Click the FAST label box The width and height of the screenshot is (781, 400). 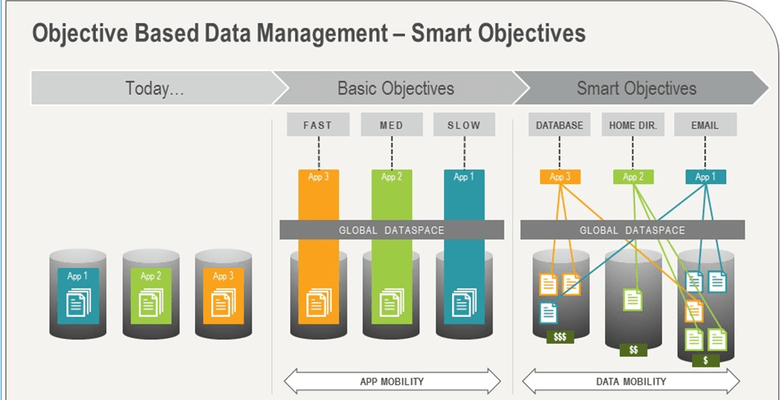pos(318,125)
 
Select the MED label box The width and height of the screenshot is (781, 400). pos(391,125)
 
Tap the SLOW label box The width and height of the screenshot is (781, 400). pos(464,125)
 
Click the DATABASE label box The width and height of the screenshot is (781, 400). pos(559,125)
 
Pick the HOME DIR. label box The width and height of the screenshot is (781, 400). pos(633,125)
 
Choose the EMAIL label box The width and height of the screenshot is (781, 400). pos(705,125)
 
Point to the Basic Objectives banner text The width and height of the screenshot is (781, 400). pos(396,88)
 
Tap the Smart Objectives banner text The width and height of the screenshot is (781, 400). pos(636,88)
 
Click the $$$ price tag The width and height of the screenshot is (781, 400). pos(560,337)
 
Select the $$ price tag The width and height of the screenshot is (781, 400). pos(633,350)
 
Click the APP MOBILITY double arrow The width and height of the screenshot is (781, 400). pos(392,381)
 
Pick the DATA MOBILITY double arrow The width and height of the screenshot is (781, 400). pos(630,381)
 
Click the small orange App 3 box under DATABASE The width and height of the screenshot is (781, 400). pos(560,177)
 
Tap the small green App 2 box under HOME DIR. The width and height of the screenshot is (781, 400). pos(633,177)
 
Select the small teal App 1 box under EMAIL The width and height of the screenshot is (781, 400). pos(705,177)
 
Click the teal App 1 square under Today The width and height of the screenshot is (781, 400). pos(78,296)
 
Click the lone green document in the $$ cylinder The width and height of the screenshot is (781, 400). pos(633,299)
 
